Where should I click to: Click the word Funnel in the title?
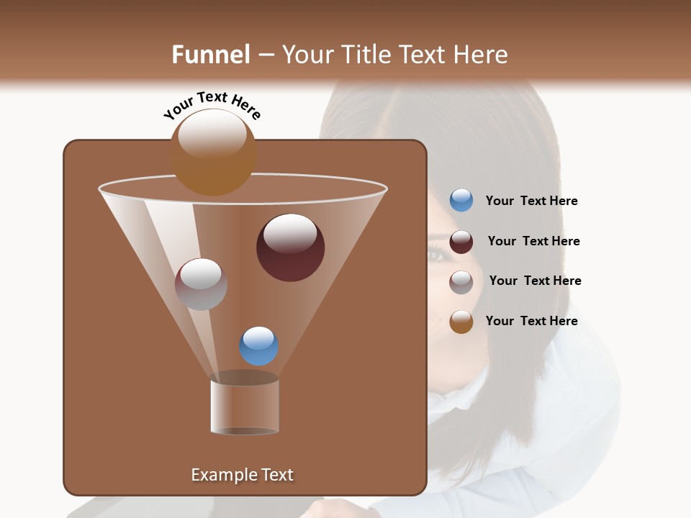pos(210,55)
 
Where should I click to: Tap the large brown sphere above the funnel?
pos(213,153)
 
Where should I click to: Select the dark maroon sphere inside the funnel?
pos(290,247)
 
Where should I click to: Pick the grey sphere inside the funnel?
pos(201,284)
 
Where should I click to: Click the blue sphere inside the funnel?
pos(258,346)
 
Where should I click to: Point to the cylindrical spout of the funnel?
pos(244,406)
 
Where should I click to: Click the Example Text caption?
pos(242,475)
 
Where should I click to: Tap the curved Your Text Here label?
pos(212,105)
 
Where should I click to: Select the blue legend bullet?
pos(461,201)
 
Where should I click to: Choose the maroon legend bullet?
pos(461,242)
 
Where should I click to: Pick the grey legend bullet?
pos(461,282)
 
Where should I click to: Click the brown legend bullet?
pos(461,322)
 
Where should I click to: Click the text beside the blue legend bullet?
pos(531,201)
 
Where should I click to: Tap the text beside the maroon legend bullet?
pos(533,242)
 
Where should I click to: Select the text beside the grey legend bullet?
pos(535,281)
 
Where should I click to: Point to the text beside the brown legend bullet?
pos(531,321)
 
